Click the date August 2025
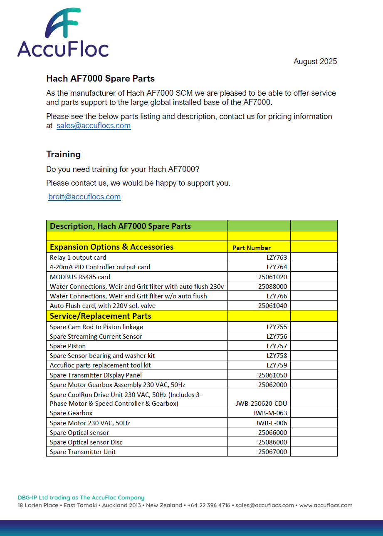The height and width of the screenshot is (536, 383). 315,62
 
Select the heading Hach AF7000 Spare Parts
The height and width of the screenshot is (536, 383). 100,79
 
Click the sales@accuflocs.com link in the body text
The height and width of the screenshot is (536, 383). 94,126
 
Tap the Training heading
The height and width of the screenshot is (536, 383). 63,154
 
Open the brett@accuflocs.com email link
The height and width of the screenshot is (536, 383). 84,197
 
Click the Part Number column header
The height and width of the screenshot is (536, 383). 252,248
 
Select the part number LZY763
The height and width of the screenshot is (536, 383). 277,258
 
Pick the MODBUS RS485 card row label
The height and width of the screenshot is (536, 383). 80,277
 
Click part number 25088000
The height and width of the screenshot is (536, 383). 272,286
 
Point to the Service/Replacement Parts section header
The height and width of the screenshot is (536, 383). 100,316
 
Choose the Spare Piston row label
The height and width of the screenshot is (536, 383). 67,346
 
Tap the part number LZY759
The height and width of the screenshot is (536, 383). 277,365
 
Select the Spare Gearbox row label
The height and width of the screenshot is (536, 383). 71,413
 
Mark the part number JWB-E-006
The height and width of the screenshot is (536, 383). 271,423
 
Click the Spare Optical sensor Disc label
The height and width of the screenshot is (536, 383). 86,442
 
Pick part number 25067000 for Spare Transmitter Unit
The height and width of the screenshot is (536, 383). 272,452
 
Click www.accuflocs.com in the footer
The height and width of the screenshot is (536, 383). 326,505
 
